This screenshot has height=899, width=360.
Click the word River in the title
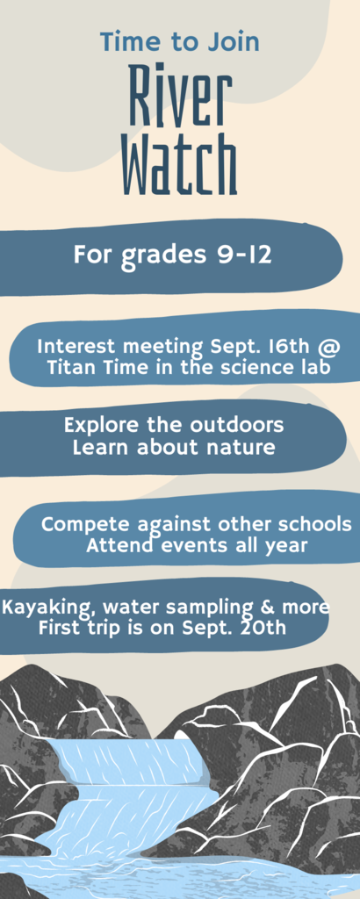pos(180,95)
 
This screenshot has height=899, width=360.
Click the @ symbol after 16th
pos(332,348)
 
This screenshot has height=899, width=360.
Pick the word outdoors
pos(237,426)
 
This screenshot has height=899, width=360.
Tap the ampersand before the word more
pos(281,607)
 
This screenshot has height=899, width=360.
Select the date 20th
pos(265,627)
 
